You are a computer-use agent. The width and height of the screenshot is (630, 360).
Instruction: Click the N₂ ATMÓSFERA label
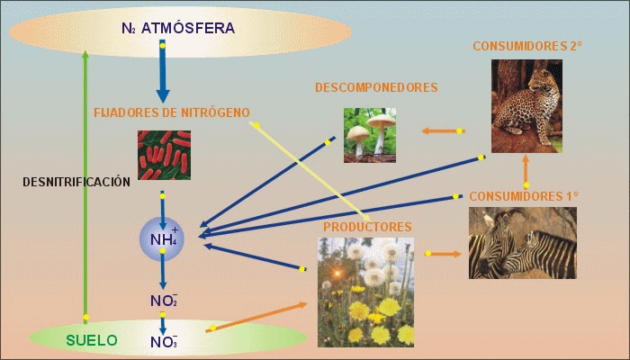coord(177,29)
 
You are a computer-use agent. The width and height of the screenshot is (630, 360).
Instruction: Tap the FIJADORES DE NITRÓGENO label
coord(172,112)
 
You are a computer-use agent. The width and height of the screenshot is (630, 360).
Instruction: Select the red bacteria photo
coord(164,155)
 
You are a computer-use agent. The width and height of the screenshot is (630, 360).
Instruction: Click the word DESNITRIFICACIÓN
coord(76,181)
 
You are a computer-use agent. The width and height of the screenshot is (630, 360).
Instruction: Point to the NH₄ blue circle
coord(162,238)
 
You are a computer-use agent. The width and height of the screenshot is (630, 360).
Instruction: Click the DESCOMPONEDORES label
coord(376,87)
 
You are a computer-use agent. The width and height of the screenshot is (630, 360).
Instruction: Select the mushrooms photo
coord(370,134)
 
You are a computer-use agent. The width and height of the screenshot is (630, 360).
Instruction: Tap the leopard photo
coord(526,105)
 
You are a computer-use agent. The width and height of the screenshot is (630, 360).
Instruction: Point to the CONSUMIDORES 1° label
coord(524,195)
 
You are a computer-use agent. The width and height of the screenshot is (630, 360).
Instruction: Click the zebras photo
coord(522,242)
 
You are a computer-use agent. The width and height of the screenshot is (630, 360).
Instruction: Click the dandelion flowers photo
coord(366,292)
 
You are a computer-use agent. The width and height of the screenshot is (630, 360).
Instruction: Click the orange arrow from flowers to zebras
coord(444,254)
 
